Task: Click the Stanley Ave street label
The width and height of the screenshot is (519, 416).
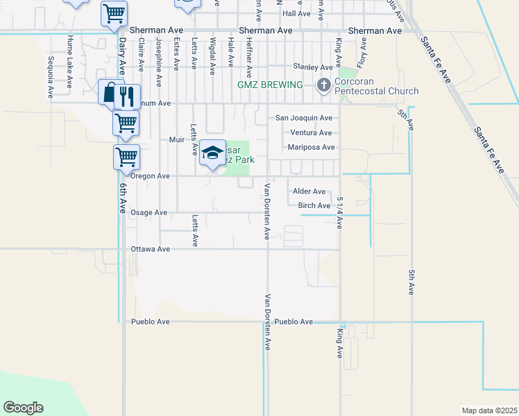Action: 312,67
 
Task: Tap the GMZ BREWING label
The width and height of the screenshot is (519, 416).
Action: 270,85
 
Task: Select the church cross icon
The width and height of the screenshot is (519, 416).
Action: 323,85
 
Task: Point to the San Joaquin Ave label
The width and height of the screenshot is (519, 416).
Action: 304,119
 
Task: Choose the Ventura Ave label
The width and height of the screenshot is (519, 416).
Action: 311,132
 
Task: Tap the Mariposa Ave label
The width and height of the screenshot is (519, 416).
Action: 311,147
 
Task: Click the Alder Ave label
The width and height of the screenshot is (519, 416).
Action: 309,191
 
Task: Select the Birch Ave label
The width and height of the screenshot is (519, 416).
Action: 314,206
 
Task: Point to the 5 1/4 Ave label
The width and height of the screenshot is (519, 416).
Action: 340,212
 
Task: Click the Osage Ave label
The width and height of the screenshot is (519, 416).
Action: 149,212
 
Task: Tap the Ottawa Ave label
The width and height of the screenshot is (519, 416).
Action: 151,249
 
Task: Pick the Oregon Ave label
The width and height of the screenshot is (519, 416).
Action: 150,176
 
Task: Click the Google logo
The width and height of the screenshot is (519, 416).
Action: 23,408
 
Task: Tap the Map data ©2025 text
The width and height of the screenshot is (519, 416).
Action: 488,410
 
